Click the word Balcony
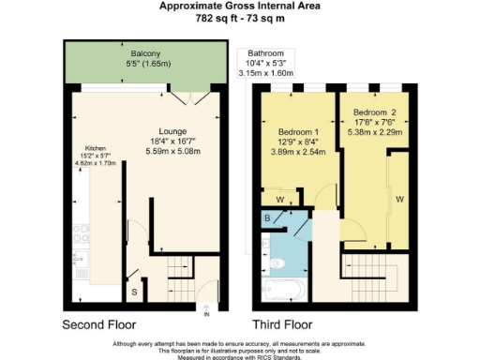tap(144, 54)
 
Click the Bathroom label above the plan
tap(267, 53)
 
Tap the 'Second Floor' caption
tap(98, 324)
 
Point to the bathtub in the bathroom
tap(281, 292)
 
